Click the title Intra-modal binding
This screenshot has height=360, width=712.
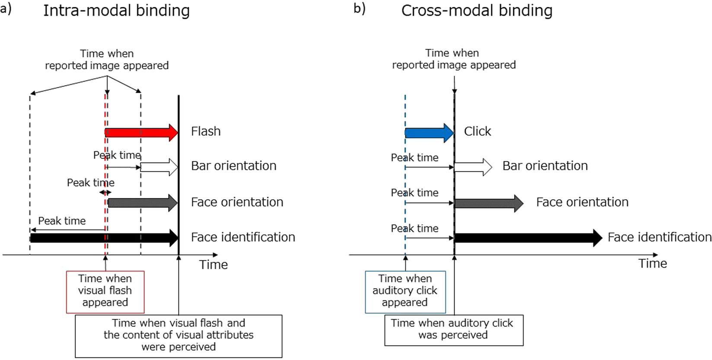click(x=116, y=11)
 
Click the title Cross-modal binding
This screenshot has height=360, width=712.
click(x=477, y=11)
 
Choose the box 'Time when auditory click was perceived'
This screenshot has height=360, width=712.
click(x=453, y=330)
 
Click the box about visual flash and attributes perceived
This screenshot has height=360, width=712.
click(x=178, y=336)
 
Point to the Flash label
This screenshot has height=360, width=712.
click(x=206, y=131)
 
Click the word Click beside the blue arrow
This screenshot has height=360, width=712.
click(x=477, y=131)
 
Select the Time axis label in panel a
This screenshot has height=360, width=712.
click(x=213, y=264)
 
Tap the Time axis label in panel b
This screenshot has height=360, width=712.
click(x=652, y=264)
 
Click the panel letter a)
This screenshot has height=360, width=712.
click(x=6, y=9)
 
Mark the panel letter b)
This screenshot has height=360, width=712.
click(x=359, y=9)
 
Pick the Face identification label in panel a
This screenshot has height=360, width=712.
click(x=243, y=237)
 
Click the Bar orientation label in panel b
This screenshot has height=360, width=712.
click(x=545, y=166)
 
